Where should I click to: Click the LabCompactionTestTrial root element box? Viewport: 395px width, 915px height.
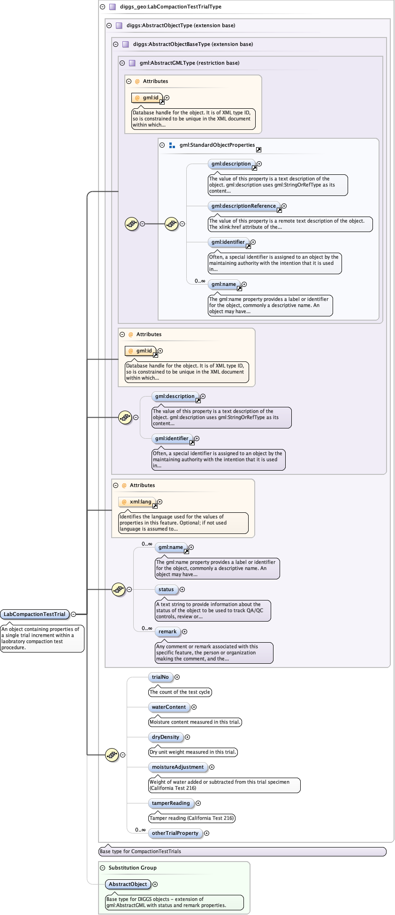[x=35, y=614]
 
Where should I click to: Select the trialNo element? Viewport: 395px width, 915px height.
[x=160, y=677]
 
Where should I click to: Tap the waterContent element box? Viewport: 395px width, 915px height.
[x=169, y=707]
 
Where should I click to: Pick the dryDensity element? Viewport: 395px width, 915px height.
[x=166, y=737]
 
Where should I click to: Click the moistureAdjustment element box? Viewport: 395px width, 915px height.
[x=178, y=767]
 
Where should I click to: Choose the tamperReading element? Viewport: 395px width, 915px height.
[x=171, y=803]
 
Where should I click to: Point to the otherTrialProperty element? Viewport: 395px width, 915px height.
[x=175, y=833]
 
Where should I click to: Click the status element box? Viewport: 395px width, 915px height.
[x=166, y=589]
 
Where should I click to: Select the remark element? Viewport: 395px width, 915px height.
[x=167, y=631]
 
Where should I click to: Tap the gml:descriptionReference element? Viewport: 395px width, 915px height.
[x=243, y=206]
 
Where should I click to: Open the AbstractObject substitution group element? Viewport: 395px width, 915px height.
[x=128, y=884]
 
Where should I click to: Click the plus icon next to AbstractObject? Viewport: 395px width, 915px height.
[x=155, y=884]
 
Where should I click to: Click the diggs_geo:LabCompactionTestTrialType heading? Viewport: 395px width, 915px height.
[x=170, y=7]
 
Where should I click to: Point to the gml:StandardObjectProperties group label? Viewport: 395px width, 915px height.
[x=217, y=145]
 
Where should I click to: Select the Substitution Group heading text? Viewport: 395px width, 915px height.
[x=132, y=868]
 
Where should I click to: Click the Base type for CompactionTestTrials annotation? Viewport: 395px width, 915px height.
[x=141, y=851]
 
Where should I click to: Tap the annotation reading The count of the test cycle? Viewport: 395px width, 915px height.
[x=180, y=692]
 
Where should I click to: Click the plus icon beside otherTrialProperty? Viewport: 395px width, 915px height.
[x=207, y=833]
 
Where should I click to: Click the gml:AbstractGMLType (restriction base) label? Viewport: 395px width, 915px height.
[x=189, y=63]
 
